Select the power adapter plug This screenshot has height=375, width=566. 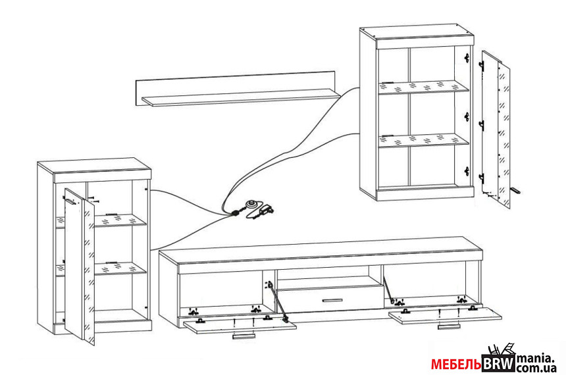(267, 210)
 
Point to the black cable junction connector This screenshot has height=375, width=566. (236, 212)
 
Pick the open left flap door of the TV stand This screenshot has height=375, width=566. (240, 324)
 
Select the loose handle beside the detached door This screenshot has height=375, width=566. (515, 190)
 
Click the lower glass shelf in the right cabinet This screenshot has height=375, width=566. (424, 140)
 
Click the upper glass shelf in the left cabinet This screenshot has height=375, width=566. (118, 218)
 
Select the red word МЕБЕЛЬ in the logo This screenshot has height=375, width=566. (457, 364)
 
